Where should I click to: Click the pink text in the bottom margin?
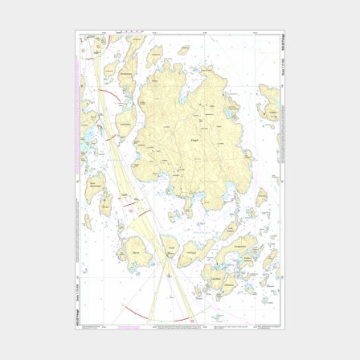pos(129,327)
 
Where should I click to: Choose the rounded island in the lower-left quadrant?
pos(137,254)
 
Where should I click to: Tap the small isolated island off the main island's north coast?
pos(183,50)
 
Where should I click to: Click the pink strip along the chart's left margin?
pos(82,161)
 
